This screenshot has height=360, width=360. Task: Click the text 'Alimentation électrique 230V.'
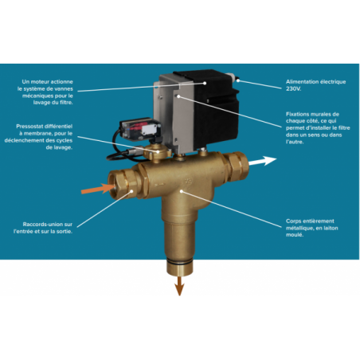pyautogui.click(x=311, y=85)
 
